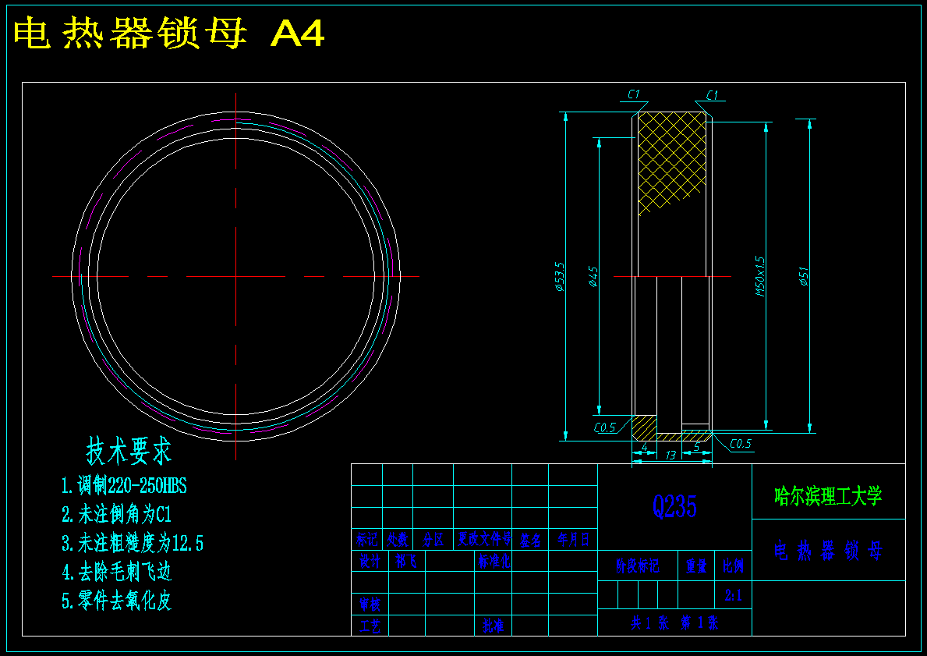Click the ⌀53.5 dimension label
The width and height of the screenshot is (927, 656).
tap(559, 276)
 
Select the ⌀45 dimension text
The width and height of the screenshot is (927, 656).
tap(593, 276)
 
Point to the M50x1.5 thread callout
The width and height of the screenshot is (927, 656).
tap(760, 276)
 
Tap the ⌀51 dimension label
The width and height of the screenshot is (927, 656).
tap(804, 276)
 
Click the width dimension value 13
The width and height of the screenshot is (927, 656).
tap(670, 456)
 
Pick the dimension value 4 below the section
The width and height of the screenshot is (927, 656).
tap(644, 447)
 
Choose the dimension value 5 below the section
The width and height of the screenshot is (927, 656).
tap(696, 447)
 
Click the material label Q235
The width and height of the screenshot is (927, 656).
tap(674, 507)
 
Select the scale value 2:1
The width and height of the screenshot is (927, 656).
tap(734, 596)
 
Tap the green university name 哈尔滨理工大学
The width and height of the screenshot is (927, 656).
tap(828, 495)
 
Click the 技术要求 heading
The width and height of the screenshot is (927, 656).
tap(129, 450)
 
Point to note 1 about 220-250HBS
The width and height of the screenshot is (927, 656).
tap(125, 486)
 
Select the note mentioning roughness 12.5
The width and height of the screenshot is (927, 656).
tap(133, 543)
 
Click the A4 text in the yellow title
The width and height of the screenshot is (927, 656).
tap(297, 34)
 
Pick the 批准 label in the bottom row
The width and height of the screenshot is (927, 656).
tap(493, 626)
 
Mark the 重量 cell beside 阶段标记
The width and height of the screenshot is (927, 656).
tap(696, 566)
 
